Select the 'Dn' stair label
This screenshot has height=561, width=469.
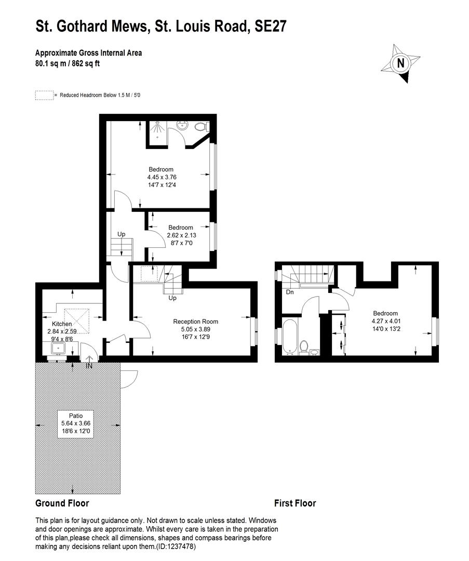point(290,292)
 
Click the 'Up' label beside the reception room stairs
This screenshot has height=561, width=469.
point(172,298)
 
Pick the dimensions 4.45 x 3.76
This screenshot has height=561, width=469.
point(162,177)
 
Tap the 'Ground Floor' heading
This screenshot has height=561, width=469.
point(62,503)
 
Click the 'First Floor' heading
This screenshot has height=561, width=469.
point(295,503)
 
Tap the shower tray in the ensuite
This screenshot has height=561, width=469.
point(156,130)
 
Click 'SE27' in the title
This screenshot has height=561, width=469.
point(270,26)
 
